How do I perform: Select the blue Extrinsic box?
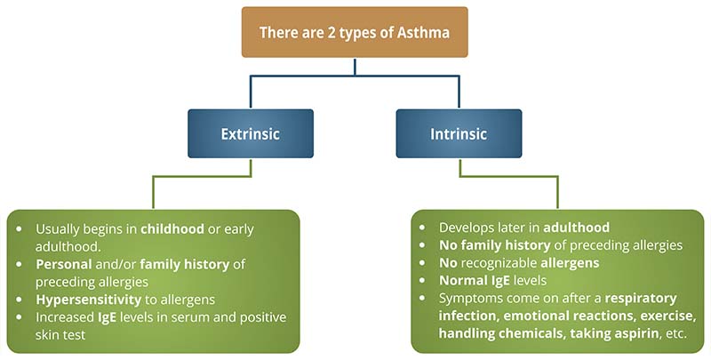(250, 134)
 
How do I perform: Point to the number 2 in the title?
(330, 33)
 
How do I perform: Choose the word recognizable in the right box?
(507, 264)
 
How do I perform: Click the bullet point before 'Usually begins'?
(21, 229)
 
